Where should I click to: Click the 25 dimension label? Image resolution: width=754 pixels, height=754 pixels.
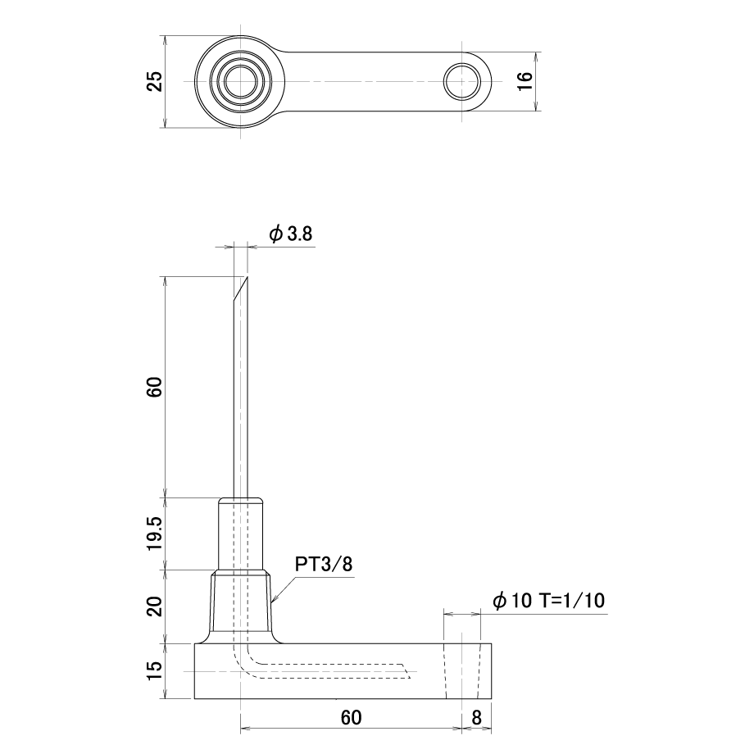pos(155,81)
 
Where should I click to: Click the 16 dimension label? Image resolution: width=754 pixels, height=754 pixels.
pos(525,81)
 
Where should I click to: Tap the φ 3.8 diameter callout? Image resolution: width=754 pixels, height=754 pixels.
pos(290,234)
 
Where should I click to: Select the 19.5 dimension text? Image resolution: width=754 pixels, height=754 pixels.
pos(155,534)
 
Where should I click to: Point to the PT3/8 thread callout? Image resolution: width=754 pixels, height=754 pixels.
pos(324,564)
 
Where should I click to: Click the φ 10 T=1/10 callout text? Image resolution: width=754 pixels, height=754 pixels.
pos(548,600)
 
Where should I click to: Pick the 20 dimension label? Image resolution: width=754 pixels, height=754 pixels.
pos(155,606)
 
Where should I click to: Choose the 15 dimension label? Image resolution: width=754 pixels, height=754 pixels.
pos(155,670)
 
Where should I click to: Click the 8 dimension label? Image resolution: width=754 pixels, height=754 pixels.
pos(476,717)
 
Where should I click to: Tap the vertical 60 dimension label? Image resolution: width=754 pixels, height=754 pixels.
pos(155,387)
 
